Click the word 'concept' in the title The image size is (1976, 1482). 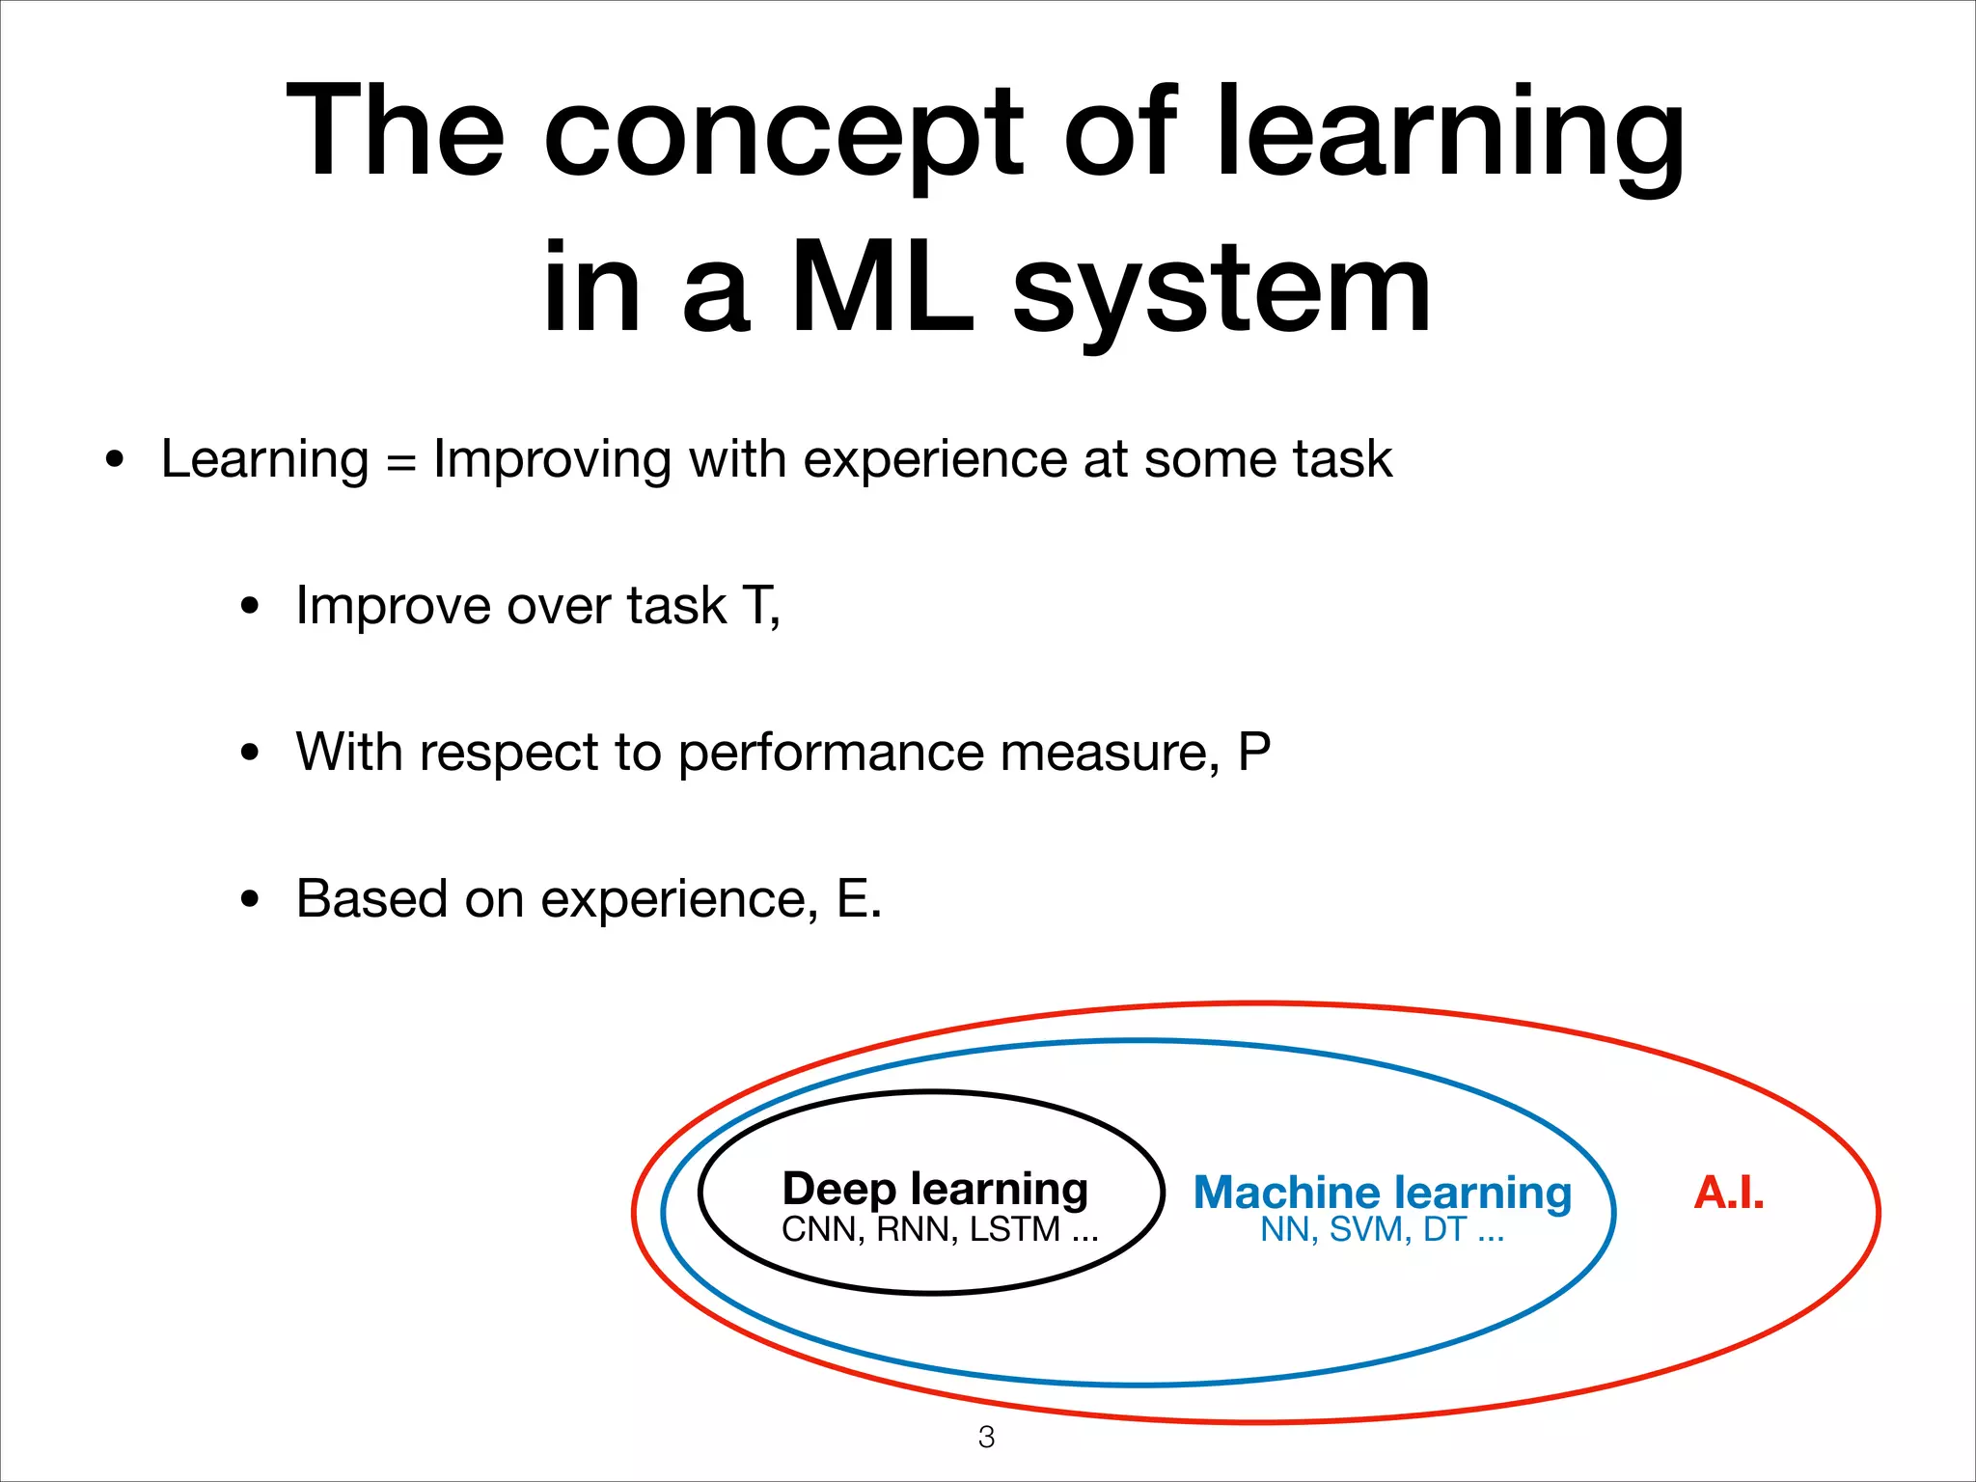[782, 135]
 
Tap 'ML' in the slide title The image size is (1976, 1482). [881, 289]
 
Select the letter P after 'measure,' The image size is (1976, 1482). [1253, 752]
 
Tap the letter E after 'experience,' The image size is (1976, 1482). [853, 898]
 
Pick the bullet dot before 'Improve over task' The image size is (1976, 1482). [250, 607]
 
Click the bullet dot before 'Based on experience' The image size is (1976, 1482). [250, 900]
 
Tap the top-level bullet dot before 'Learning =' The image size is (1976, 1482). [116, 459]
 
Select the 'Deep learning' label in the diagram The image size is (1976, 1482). [934, 1189]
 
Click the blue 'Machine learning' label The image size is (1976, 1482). [1382, 1193]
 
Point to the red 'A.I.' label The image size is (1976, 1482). [1728, 1193]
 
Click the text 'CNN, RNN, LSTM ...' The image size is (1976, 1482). [939, 1230]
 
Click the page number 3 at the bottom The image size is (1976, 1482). [986, 1437]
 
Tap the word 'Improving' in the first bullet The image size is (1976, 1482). [552, 461]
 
